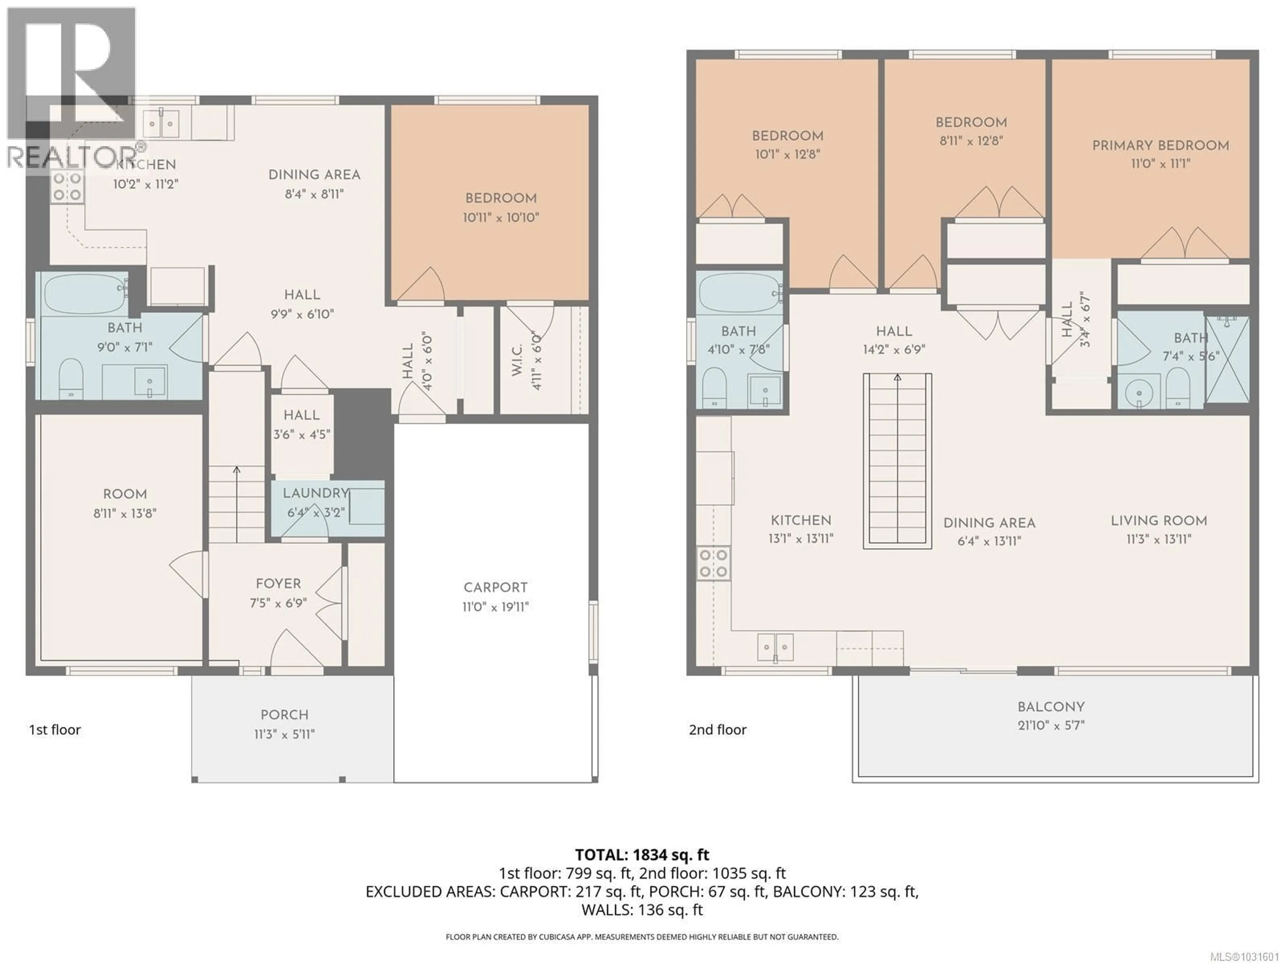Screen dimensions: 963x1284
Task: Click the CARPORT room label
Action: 495,587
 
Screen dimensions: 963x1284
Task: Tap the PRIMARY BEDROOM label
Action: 1160,146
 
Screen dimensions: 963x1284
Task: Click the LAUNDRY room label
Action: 315,494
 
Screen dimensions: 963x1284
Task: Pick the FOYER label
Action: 278,584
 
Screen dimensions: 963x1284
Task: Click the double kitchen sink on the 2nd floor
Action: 775,647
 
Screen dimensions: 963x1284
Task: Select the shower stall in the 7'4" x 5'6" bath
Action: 1227,360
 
